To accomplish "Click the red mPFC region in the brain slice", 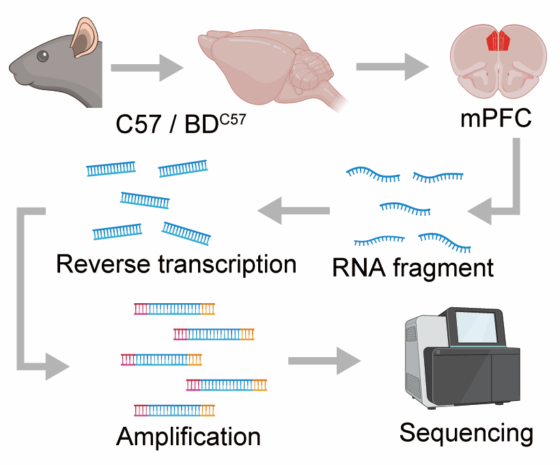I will point(499,41).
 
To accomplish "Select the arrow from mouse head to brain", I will point(146,68).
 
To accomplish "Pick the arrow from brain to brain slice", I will point(392,68).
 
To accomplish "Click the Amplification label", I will point(188,435).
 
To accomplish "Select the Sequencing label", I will point(466,432).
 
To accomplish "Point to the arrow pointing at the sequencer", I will point(324,359).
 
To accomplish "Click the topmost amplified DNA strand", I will point(174,308).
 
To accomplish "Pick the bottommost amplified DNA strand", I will point(174,410).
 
